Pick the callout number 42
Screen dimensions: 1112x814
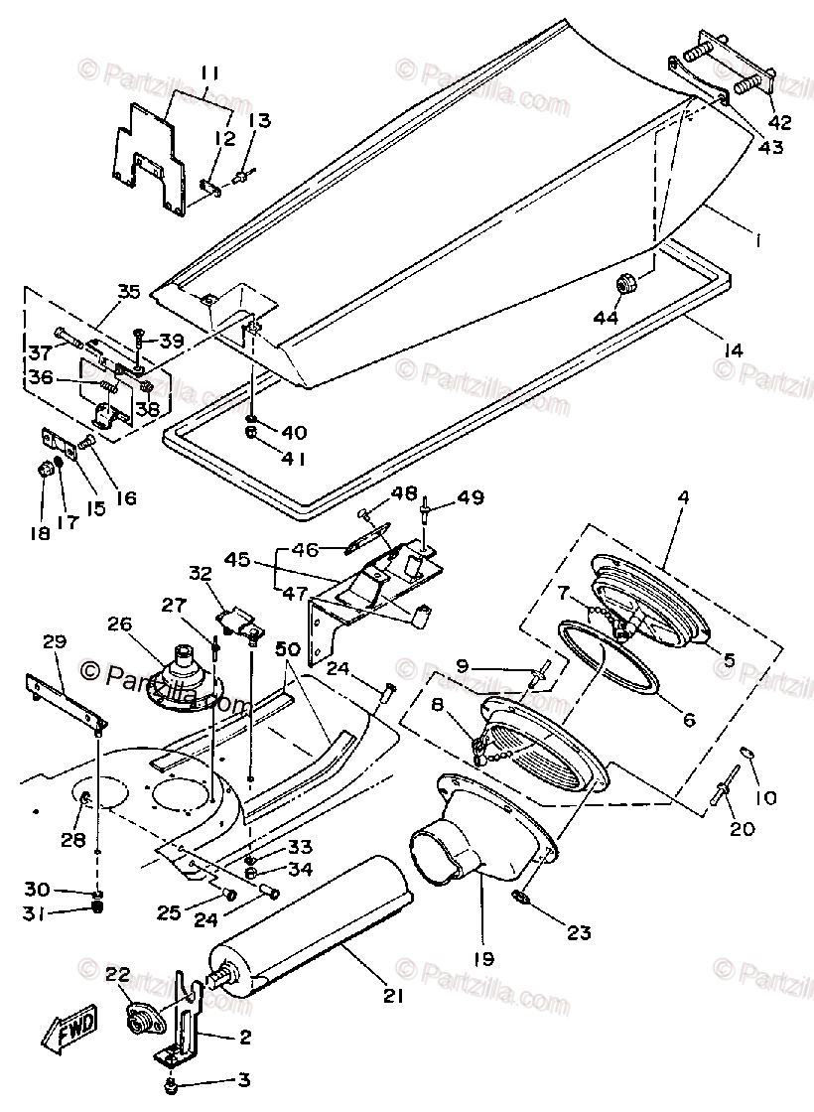779,123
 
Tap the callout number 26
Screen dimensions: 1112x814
119,625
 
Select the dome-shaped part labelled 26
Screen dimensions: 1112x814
184,675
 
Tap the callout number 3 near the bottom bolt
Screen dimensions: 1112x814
243,1080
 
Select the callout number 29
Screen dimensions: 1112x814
55,643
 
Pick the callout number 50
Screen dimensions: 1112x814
289,648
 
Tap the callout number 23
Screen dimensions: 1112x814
579,932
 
